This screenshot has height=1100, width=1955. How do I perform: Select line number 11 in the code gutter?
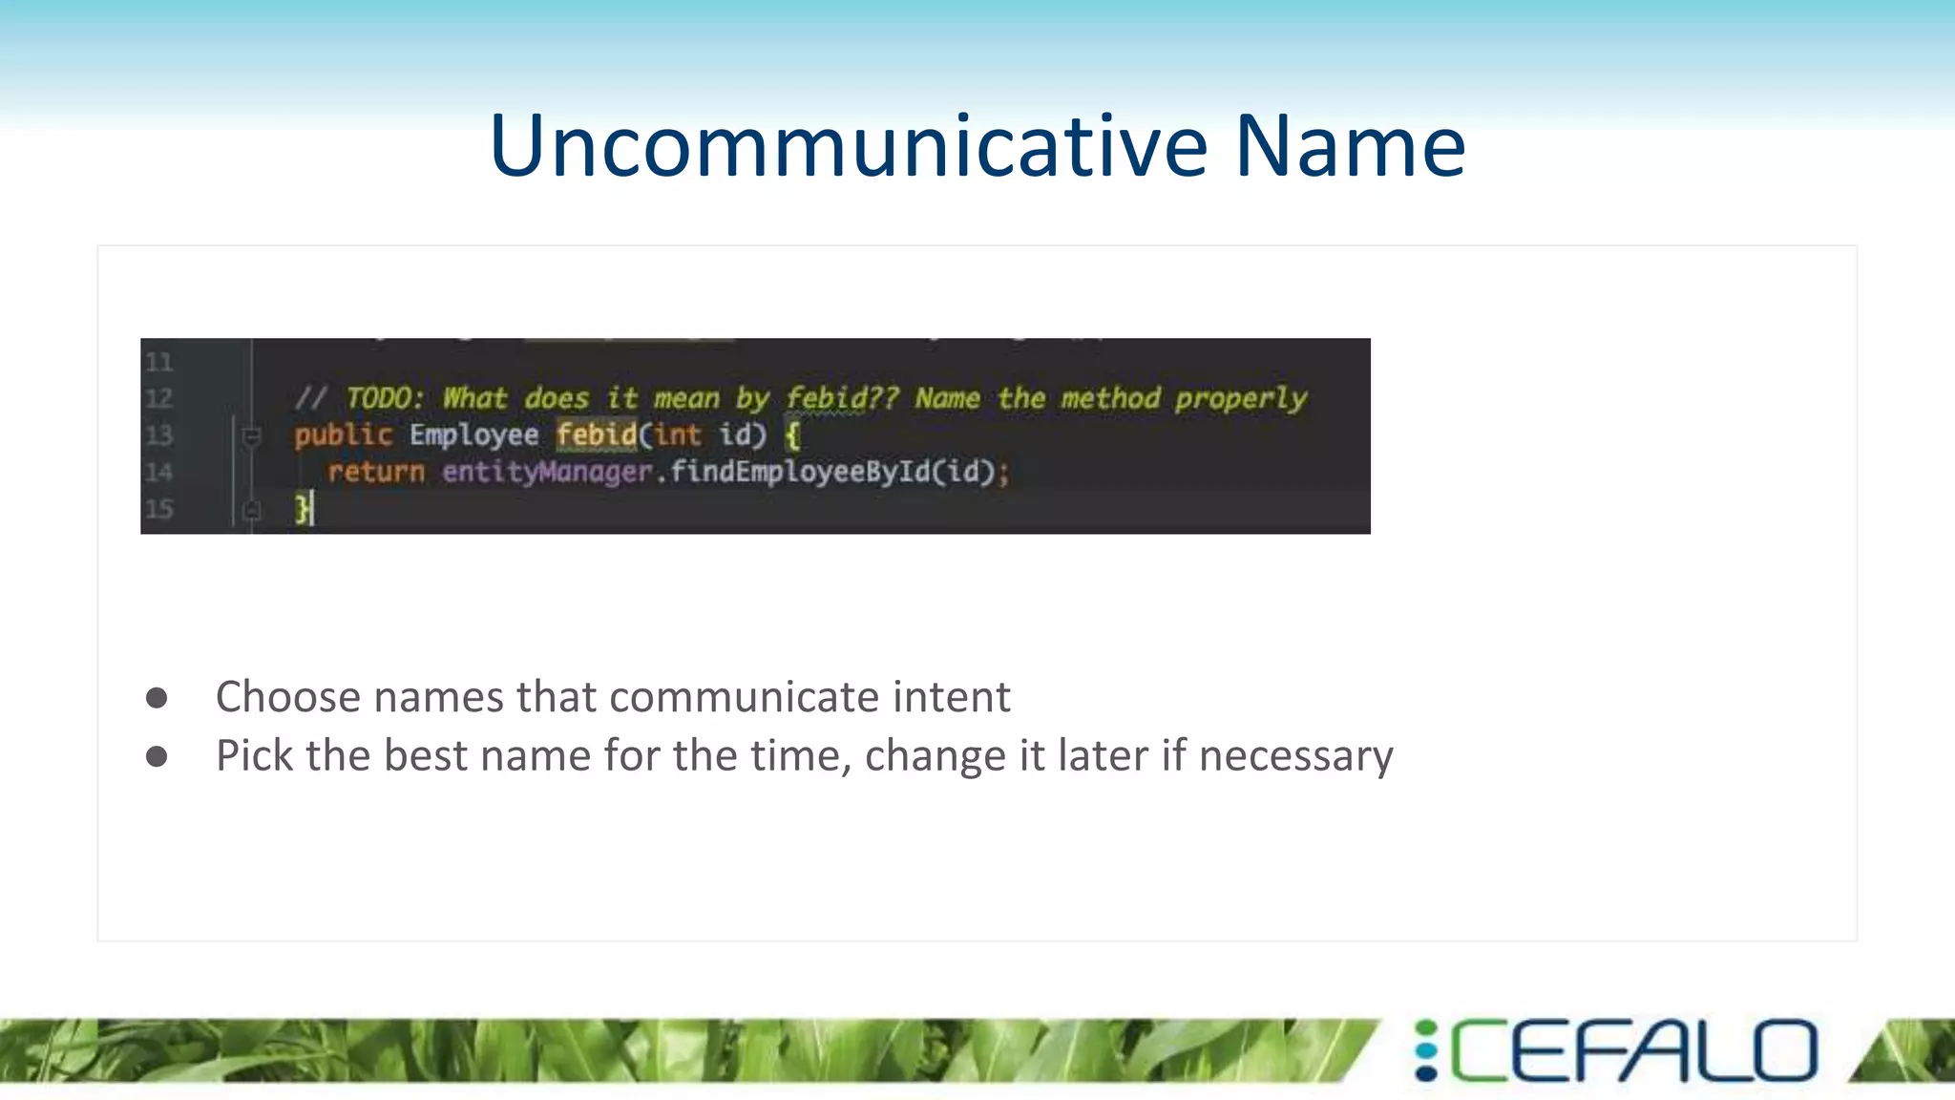coord(159,363)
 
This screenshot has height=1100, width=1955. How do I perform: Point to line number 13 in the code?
coord(159,435)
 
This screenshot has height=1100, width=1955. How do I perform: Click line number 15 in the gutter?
coord(159,509)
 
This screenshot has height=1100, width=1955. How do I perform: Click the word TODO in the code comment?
coord(383,398)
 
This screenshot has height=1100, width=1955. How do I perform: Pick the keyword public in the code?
coord(343,435)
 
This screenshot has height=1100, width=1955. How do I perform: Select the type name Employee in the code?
coord(473,435)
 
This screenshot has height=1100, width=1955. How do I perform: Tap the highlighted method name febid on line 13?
coord(597,435)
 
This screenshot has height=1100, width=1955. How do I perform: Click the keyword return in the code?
coord(376,472)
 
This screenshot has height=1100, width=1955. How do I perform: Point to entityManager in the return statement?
coord(546,472)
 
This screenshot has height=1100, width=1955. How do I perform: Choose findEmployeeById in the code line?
coord(799,472)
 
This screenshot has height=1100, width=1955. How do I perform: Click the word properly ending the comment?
coord(1240,398)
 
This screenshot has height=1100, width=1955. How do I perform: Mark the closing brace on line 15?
coord(302,509)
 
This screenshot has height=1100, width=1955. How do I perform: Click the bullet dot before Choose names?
coord(157,698)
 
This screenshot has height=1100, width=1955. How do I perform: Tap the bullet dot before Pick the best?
coord(157,757)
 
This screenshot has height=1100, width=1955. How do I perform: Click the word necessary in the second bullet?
coord(1295,756)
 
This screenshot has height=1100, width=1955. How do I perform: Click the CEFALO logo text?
coord(1634,1050)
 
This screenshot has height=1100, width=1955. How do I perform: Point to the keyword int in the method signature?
coord(677,435)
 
